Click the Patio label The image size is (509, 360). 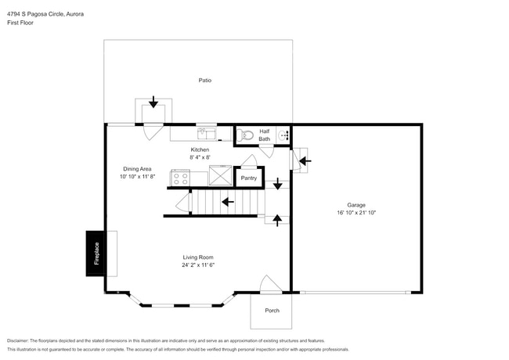pyautogui.click(x=204, y=80)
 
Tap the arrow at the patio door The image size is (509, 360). pyautogui.click(x=153, y=102)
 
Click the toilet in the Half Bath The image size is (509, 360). pyautogui.click(x=247, y=135)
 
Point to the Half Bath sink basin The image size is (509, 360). pyautogui.click(x=283, y=135)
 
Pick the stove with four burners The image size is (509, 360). pyautogui.click(x=179, y=178)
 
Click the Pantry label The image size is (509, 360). pyautogui.click(x=248, y=178)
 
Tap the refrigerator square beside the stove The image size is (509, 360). pyautogui.click(x=220, y=176)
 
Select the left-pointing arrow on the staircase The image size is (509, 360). pyautogui.click(x=228, y=202)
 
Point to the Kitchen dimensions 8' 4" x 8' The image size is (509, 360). pyautogui.click(x=200, y=158)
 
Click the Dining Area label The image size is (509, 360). pyautogui.click(x=137, y=168)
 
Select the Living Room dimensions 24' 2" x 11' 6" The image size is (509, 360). pyautogui.click(x=199, y=265)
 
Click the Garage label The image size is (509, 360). pyautogui.click(x=356, y=204)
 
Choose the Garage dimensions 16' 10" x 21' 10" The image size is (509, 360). pyautogui.click(x=356, y=212)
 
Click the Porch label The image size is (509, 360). pyautogui.click(x=272, y=311)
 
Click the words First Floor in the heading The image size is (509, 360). pyautogui.click(x=21, y=23)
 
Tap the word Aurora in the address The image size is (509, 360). pyautogui.click(x=76, y=13)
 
